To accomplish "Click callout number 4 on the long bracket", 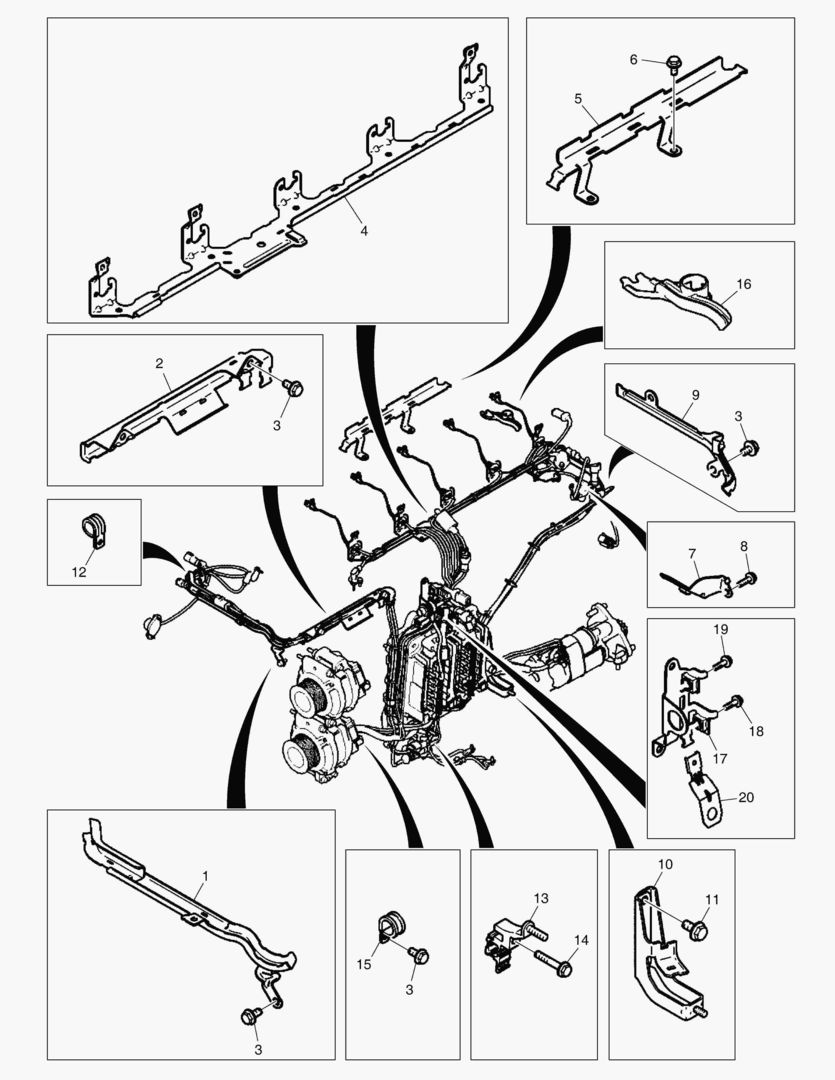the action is pos(364,231).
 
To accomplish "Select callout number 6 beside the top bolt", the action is pos(634,60).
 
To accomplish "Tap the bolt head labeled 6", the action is pos(673,64).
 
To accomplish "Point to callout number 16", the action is pos(743,284).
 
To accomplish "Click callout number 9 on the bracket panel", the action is pos(695,395).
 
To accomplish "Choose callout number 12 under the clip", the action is pos(79,572).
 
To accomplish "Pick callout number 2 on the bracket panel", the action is pos(159,363).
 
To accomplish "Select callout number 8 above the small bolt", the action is pos(744,546).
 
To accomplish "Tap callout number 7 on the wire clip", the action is pos(692,553).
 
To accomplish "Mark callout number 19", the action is pos(721,629).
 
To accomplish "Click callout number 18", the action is pos(756,731).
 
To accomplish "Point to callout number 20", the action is pos(746,797).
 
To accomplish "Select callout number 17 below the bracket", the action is pos(720,758).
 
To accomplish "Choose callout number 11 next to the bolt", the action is pos(712,900).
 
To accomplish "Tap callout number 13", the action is pos(541,898).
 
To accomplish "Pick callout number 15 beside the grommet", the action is pos(364,964).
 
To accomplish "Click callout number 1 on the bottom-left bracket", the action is pos(205,875).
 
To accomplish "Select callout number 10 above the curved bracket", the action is pos(666,864).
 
